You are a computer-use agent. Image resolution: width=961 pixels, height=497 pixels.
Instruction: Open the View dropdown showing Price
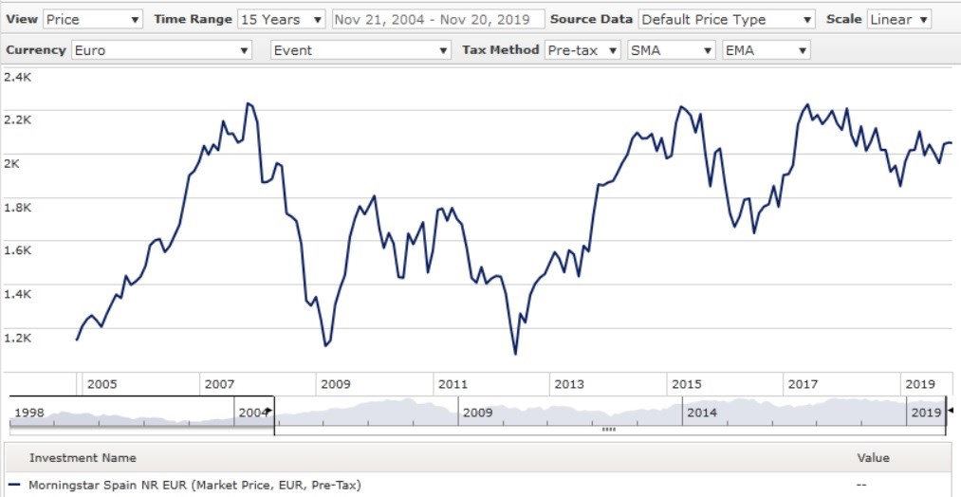point(93,19)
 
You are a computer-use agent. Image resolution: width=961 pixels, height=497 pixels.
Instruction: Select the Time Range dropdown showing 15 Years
point(281,19)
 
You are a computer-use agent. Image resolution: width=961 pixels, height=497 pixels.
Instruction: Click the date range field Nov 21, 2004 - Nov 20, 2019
point(438,19)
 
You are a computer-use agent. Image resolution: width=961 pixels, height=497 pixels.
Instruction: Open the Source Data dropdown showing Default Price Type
point(727,19)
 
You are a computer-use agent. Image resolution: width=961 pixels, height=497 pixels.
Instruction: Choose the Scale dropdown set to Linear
point(898,19)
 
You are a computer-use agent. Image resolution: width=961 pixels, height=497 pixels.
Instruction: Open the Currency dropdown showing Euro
point(161,50)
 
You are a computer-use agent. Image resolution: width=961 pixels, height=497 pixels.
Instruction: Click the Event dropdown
point(360,50)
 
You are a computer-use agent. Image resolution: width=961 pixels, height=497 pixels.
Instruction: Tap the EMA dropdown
point(766,50)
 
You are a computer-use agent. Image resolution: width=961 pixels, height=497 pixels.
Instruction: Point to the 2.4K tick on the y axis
point(19,76)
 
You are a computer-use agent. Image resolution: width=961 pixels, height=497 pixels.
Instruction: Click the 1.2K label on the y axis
point(19,337)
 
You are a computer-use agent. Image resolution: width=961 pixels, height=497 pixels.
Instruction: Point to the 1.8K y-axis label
point(19,206)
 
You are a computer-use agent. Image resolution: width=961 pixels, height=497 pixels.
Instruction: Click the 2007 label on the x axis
point(218,384)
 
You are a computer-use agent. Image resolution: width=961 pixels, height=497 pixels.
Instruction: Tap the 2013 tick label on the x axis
point(569,384)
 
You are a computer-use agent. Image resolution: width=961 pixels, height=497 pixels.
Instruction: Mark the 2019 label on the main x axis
point(920,384)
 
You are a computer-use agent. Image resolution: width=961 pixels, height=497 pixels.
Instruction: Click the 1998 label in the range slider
point(29,413)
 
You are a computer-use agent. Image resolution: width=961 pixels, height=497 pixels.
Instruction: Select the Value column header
point(873,458)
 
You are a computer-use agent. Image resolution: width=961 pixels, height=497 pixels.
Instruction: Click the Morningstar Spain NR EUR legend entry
point(194,486)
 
